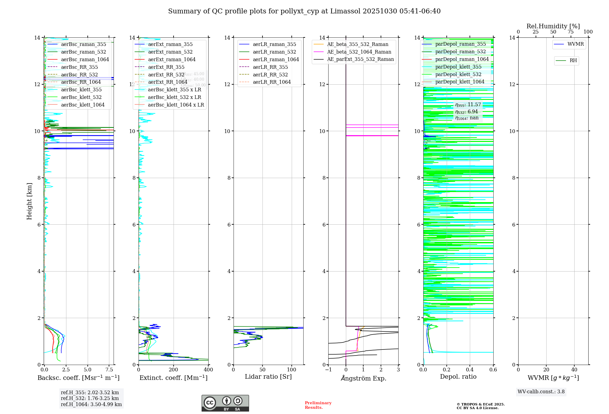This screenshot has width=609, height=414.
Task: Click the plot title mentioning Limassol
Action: tap(304, 11)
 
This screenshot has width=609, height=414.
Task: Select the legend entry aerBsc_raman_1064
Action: tap(85, 59)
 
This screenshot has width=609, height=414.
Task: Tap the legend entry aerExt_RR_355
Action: tap(166, 67)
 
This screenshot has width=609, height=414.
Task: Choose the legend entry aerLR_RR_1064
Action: tap(272, 82)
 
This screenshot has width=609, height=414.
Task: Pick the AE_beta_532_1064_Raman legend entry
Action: tap(359, 52)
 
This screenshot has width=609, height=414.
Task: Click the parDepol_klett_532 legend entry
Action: tap(458, 74)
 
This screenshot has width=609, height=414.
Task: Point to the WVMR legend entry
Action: tap(576, 44)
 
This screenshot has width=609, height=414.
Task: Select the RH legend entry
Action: tap(573, 61)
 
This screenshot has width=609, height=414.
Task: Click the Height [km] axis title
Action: tap(29, 201)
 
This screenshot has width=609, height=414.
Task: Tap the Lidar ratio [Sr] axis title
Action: tap(268, 377)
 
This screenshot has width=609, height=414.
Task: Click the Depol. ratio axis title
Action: tap(458, 377)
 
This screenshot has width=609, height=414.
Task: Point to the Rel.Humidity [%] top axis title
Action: tap(553, 26)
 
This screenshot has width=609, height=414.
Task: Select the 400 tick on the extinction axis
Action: tap(208, 370)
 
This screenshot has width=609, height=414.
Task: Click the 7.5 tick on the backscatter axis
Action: tap(109, 370)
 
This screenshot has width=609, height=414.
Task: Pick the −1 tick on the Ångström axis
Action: tap(328, 370)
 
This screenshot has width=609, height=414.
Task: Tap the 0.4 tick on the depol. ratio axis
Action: tap(470, 370)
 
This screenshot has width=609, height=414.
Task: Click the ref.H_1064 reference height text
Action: tap(91, 404)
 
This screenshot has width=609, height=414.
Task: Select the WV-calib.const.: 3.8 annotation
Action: tap(541, 392)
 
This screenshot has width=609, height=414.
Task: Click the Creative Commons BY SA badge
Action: tap(225, 403)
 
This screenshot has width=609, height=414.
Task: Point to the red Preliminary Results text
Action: tap(318, 405)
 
